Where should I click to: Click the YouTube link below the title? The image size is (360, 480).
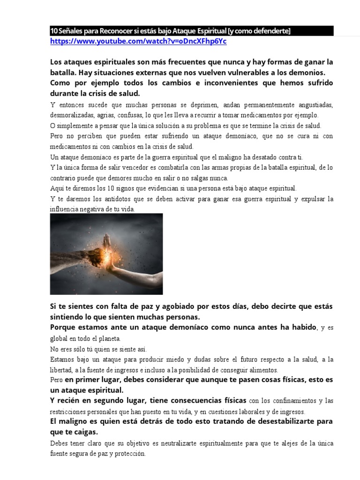(x=138, y=41)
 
